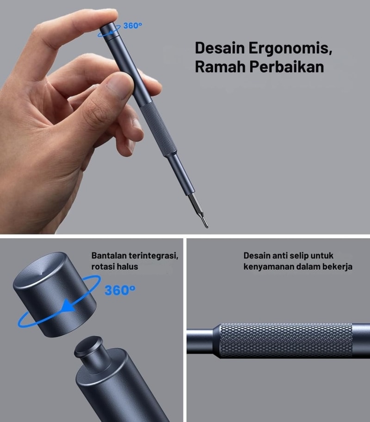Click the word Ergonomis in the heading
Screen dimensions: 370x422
pyautogui.click(x=290, y=48)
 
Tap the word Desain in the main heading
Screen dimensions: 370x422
pyautogui.click(x=220, y=48)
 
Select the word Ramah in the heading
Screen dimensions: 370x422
pyautogui.click(x=220, y=66)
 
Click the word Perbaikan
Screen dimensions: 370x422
pyautogui.click(x=286, y=66)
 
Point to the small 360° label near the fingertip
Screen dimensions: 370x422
pyautogui.click(x=133, y=25)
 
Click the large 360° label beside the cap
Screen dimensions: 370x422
pyautogui.click(x=120, y=290)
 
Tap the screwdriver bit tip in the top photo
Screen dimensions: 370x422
pyautogui.click(x=207, y=227)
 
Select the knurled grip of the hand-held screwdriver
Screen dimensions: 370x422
pyautogui.click(x=158, y=129)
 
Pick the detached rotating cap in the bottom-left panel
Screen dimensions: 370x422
pyautogui.click(x=55, y=294)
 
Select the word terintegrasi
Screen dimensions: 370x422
pyautogui.click(x=154, y=256)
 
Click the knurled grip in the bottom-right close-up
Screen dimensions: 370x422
pyautogui.click(x=286, y=341)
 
